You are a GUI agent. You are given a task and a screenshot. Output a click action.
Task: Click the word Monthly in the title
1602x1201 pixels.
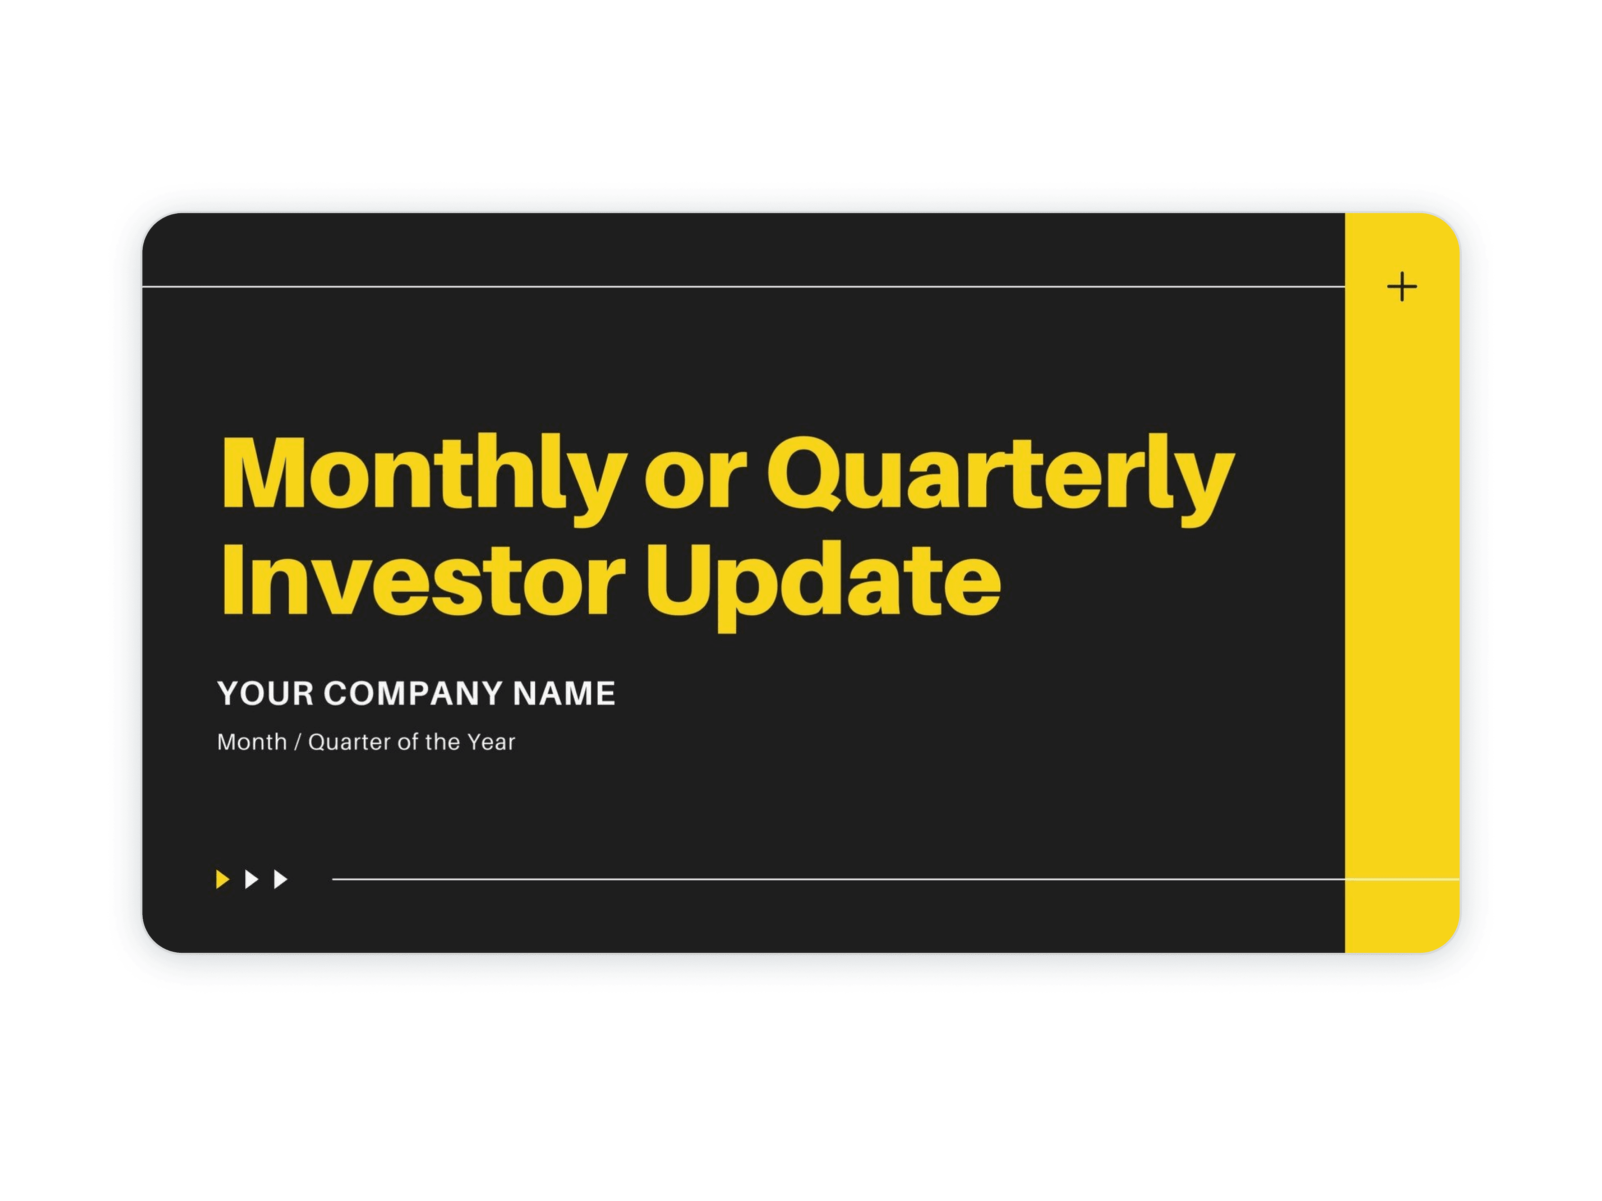point(424,478)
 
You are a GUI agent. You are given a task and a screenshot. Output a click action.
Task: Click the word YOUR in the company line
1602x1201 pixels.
point(265,694)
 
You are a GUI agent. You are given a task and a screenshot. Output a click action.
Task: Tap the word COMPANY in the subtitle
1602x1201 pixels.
point(413,694)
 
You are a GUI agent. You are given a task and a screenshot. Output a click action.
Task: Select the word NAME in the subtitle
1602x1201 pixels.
point(564,694)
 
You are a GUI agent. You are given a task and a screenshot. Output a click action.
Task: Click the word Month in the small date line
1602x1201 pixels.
point(252,742)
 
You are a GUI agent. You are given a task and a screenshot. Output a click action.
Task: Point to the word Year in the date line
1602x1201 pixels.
point(491,742)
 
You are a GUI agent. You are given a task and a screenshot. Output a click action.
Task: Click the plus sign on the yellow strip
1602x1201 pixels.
point(1402,287)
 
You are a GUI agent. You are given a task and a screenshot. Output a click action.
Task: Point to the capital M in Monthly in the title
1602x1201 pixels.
point(266,472)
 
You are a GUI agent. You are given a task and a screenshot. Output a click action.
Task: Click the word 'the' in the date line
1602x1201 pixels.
point(443,742)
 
